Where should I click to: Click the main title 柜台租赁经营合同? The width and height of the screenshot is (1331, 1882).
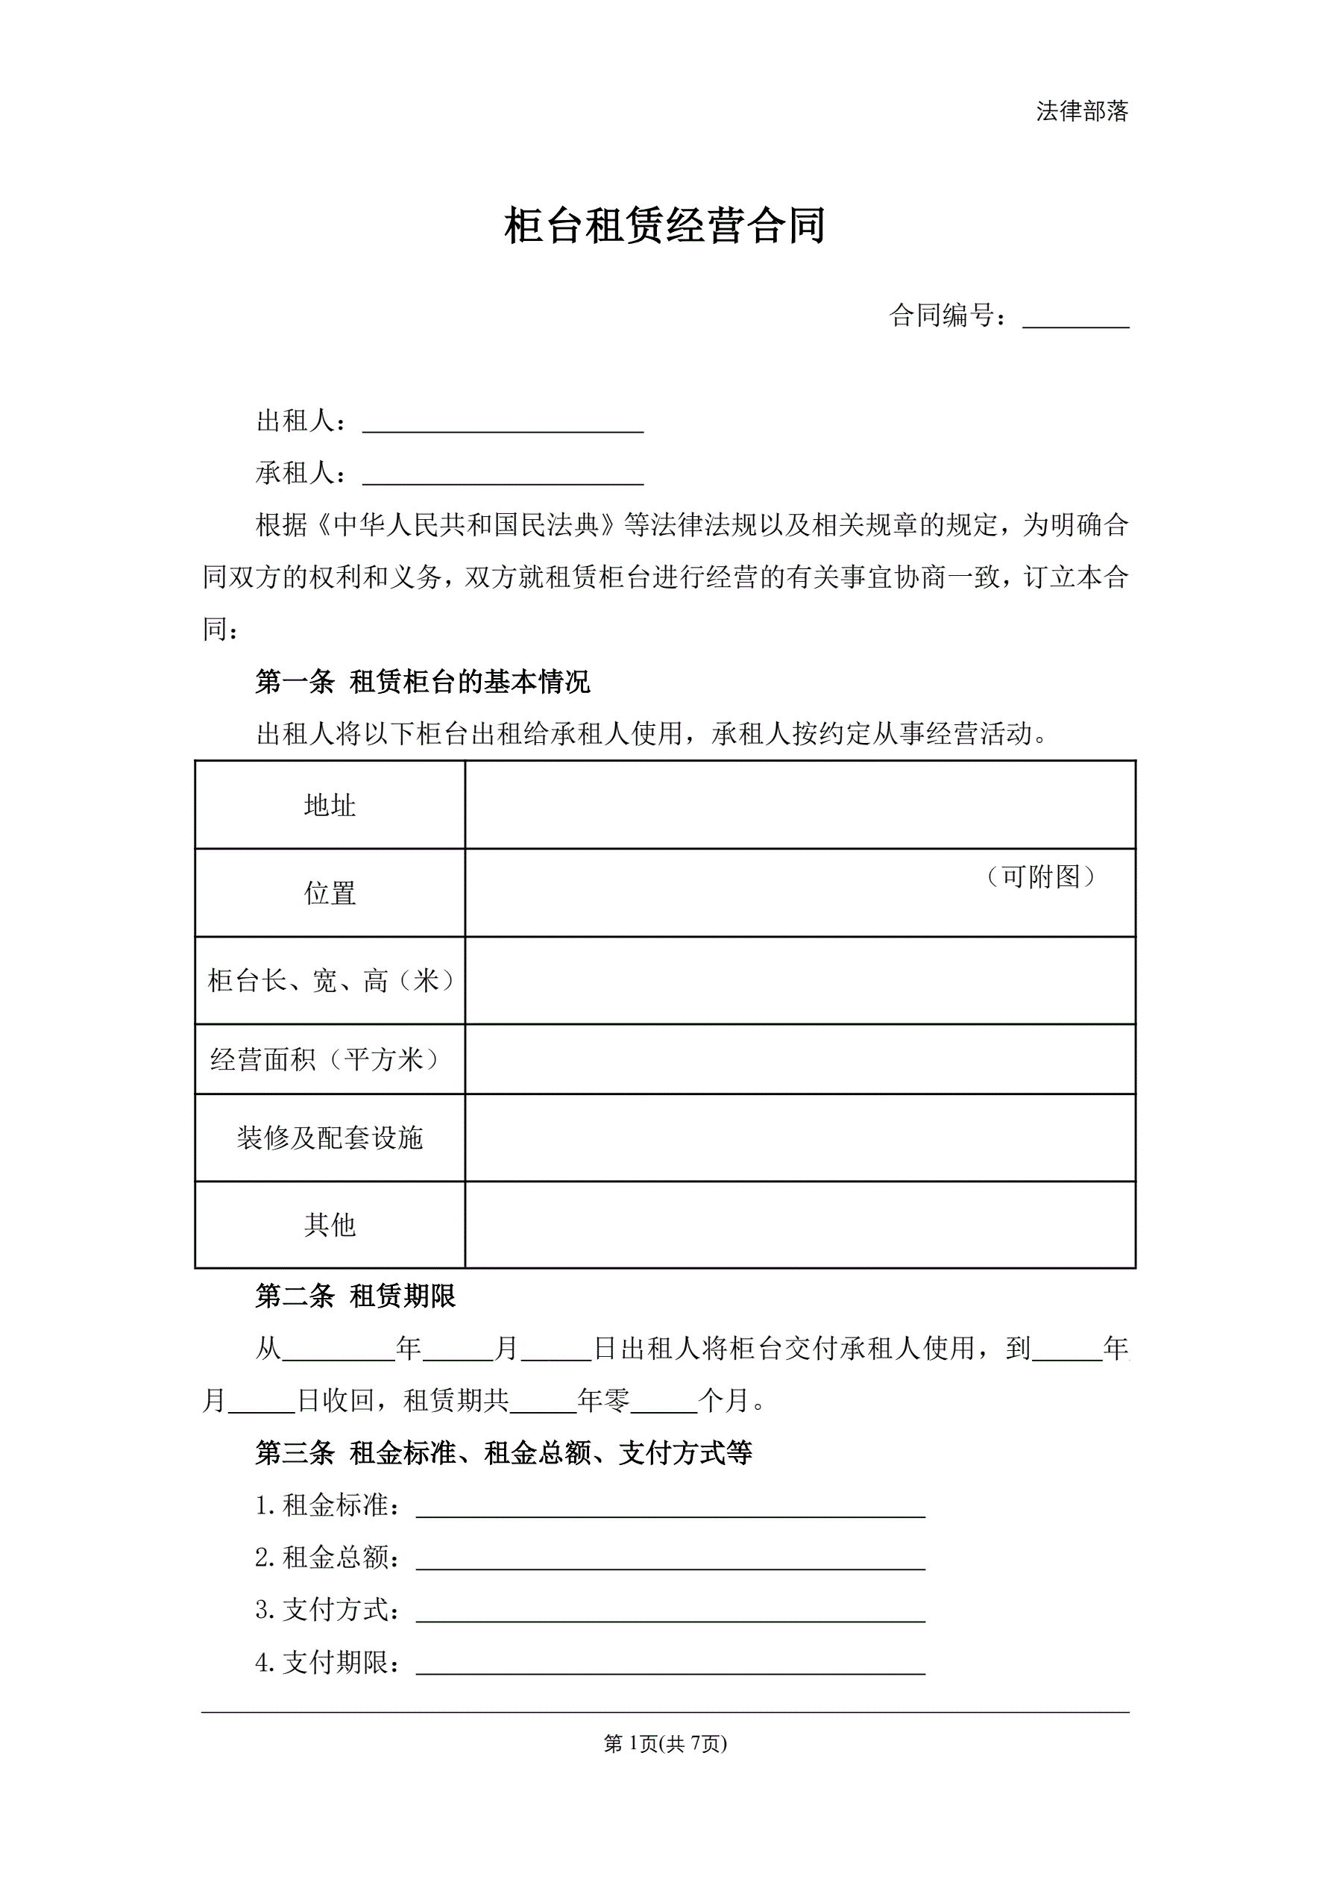pyautogui.click(x=664, y=226)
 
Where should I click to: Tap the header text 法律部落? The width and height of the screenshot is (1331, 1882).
pyautogui.click(x=1082, y=111)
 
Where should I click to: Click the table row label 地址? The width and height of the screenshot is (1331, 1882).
pyautogui.click(x=330, y=806)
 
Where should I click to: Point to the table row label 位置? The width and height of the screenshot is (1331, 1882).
pyautogui.click(x=330, y=894)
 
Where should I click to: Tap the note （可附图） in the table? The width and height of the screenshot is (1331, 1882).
pyautogui.click(x=1041, y=877)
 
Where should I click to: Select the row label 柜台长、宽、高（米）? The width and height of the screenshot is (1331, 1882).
pyautogui.click(x=330, y=980)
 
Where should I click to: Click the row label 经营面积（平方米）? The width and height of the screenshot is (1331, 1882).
pyautogui.click(x=330, y=1060)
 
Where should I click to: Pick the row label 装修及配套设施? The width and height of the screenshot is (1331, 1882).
pyautogui.click(x=330, y=1138)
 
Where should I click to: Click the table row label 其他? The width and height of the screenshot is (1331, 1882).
pyautogui.click(x=330, y=1225)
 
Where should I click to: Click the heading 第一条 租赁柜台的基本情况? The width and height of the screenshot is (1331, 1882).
pyautogui.click(x=422, y=682)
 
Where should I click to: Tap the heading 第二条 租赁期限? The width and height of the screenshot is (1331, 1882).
pyautogui.click(x=355, y=1296)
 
